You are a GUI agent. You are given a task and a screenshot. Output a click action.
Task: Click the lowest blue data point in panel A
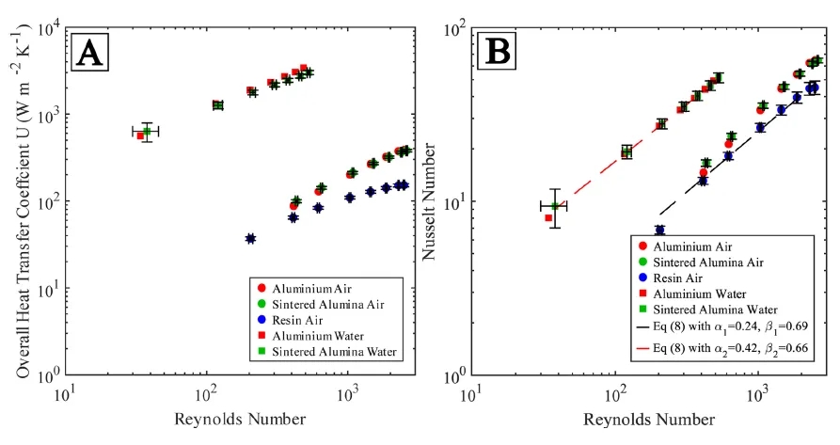pyautogui.click(x=250, y=239)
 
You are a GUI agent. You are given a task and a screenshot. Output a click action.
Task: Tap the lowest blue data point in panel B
pyautogui.click(x=659, y=230)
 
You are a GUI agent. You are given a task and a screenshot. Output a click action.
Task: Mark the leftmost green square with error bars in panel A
pyautogui.click(x=147, y=132)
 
